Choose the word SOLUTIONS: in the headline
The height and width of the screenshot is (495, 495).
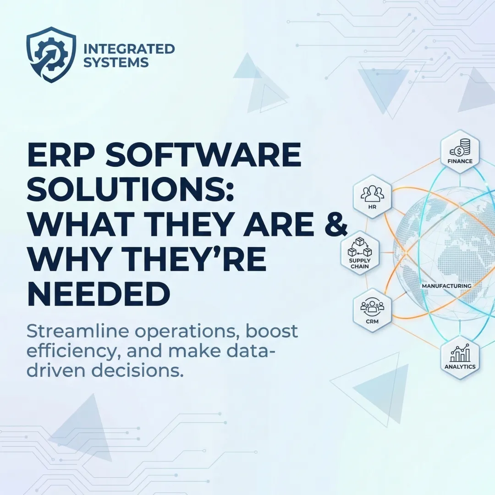tap(130, 191)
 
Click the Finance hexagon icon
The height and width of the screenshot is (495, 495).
tap(460, 153)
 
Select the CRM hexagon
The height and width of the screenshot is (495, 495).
tap(372, 306)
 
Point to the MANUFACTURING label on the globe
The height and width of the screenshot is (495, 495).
tap(446, 286)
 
